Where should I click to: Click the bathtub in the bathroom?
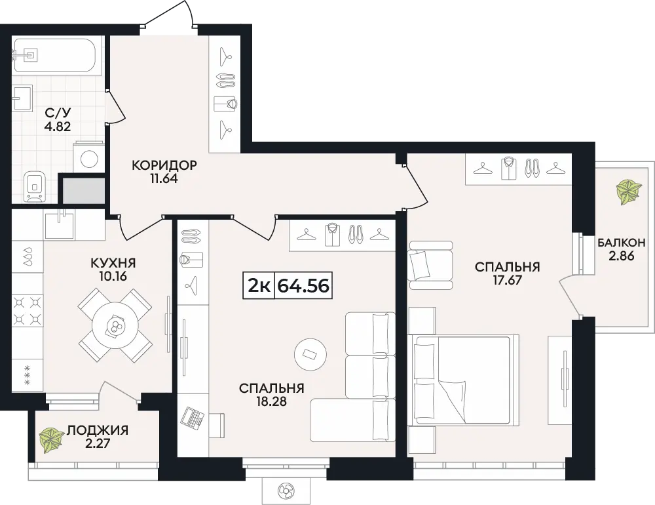pyautogui.click(x=53, y=56)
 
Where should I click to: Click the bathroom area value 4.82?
pyautogui.click(x=58, y=126)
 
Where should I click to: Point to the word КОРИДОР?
pyautogui.click(x=164, y=165)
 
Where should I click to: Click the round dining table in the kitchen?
pyautogui.click(x=115, y=325)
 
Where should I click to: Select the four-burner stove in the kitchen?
pyautogui.click(x=28, y=310)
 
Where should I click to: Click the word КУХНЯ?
pyautogui.click(x=113, y=263)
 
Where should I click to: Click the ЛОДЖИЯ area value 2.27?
pyautogui.click(x=98, y=443)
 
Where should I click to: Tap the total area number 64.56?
pyautogui.click(x=304, y=286)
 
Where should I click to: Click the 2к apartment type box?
pyautogui.click(x=259, y=286)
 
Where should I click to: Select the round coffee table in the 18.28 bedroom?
pyautogui.click(x=310, y=354)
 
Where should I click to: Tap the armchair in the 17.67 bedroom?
pyautogui.click(x=431, y=265)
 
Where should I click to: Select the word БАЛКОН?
pyautogui.click(x=621, y=242)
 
